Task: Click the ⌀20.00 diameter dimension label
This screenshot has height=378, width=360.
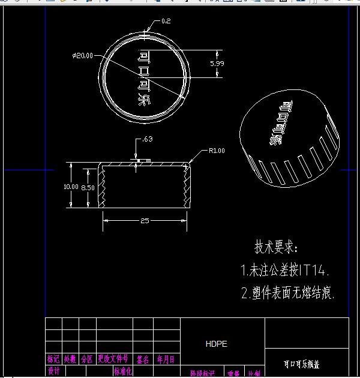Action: pos(82,56)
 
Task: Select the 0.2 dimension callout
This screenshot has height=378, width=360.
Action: pos(166,22)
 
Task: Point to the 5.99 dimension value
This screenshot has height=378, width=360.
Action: pos(217,63)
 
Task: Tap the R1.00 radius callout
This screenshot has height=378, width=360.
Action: pos(217,151)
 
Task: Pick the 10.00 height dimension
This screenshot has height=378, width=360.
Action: pos(71,187)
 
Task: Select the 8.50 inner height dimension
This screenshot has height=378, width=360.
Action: pos(88,187)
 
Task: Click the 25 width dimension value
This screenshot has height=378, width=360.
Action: pos(145,221)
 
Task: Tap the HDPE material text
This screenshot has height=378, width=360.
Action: pos(216,344)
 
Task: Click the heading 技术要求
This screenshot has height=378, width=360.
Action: pos(276,247)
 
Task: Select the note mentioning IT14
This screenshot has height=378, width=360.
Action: pos(286,270)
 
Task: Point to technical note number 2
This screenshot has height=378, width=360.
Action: pos(288,293)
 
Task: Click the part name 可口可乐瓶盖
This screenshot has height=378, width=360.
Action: pos(301,364)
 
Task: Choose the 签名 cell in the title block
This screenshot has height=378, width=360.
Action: pos(142,359)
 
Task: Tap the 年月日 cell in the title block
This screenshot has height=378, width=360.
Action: pos(166,359)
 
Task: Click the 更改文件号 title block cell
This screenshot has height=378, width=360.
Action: pos(113,359)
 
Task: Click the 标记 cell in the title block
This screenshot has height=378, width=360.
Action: pos(53,359)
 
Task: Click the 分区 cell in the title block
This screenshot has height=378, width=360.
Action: pos(87,359)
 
